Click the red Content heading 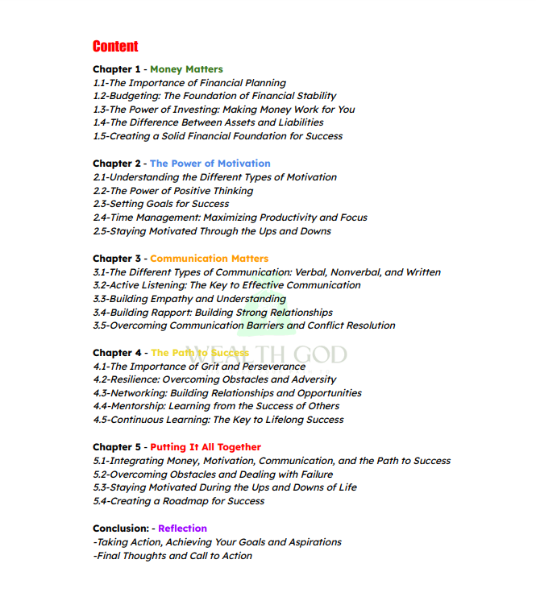pos(115,46)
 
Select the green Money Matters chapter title pos(186,69)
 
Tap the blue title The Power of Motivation pos(210,164)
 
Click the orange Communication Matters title pos(209,259)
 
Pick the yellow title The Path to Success pos(199,353)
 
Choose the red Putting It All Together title pos(206,447)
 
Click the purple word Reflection pos(182,528)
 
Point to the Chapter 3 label pos(117,259)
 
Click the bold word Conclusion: pos(121,528)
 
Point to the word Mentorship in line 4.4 pos(137,406)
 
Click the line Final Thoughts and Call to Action pos(172,556)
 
